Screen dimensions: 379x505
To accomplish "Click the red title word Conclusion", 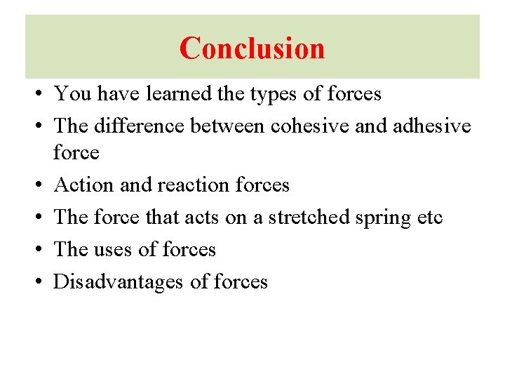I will click(252, 48).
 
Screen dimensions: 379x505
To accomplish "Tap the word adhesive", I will click(431, 126).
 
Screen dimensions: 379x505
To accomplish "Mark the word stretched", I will click(315, 218).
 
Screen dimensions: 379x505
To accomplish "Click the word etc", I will click(429, 218).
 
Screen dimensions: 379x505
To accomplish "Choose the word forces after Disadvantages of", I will click(240, 282).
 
